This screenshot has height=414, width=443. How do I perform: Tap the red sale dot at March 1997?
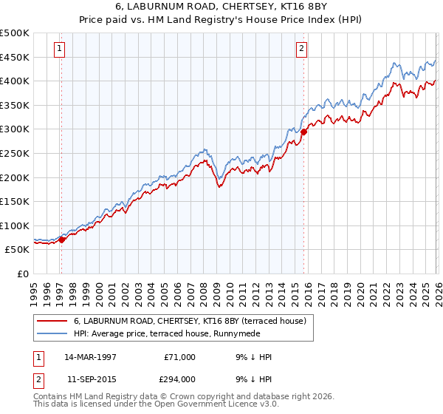tap(62, 239)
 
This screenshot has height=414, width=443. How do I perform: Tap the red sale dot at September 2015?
tap(303, 132)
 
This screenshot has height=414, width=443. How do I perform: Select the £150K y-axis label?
tap(15, 201)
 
